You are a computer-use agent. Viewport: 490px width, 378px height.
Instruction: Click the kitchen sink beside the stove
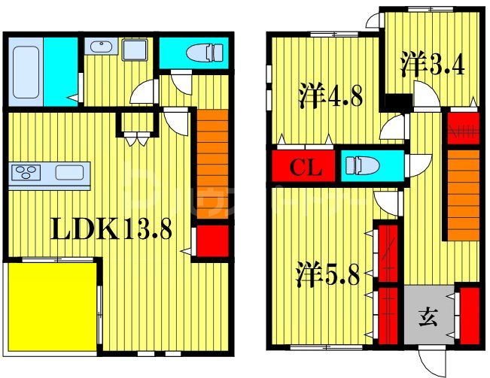tap(69, 173)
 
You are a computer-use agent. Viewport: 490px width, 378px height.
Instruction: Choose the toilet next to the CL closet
tap(366, 165)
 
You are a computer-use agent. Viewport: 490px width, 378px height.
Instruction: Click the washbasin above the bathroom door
tap(101, 47)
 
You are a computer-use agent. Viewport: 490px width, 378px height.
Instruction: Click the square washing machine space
tap(135, 51)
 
